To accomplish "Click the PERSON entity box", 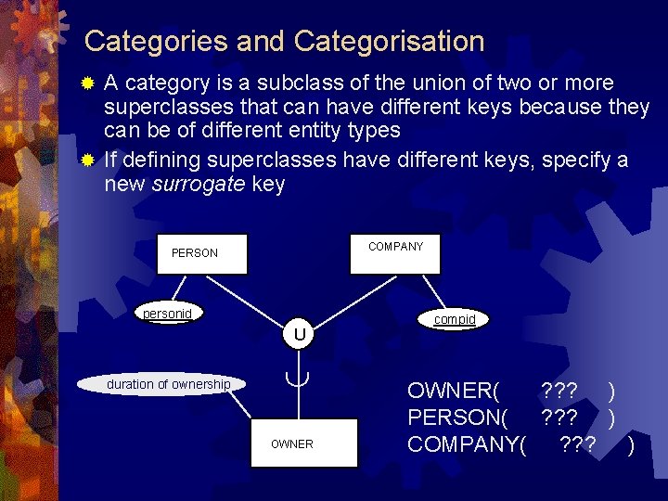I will pyautogui.click(x=202, y=253).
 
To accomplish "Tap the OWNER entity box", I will pyautogui.click(x=291, y=443).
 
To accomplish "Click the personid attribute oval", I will pyautogui.click(x=168, y=314).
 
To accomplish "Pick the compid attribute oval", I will pyautogui.click(x=455, y=319).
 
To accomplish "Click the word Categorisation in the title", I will pyautogui.click(x=390, y=42).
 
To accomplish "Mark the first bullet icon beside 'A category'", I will pyautogui.click(x=88, y=83).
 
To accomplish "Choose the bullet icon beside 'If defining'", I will pyautogui.click(x=88, y=161).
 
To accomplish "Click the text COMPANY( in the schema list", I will pyautogui.click(x=467, y=444).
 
